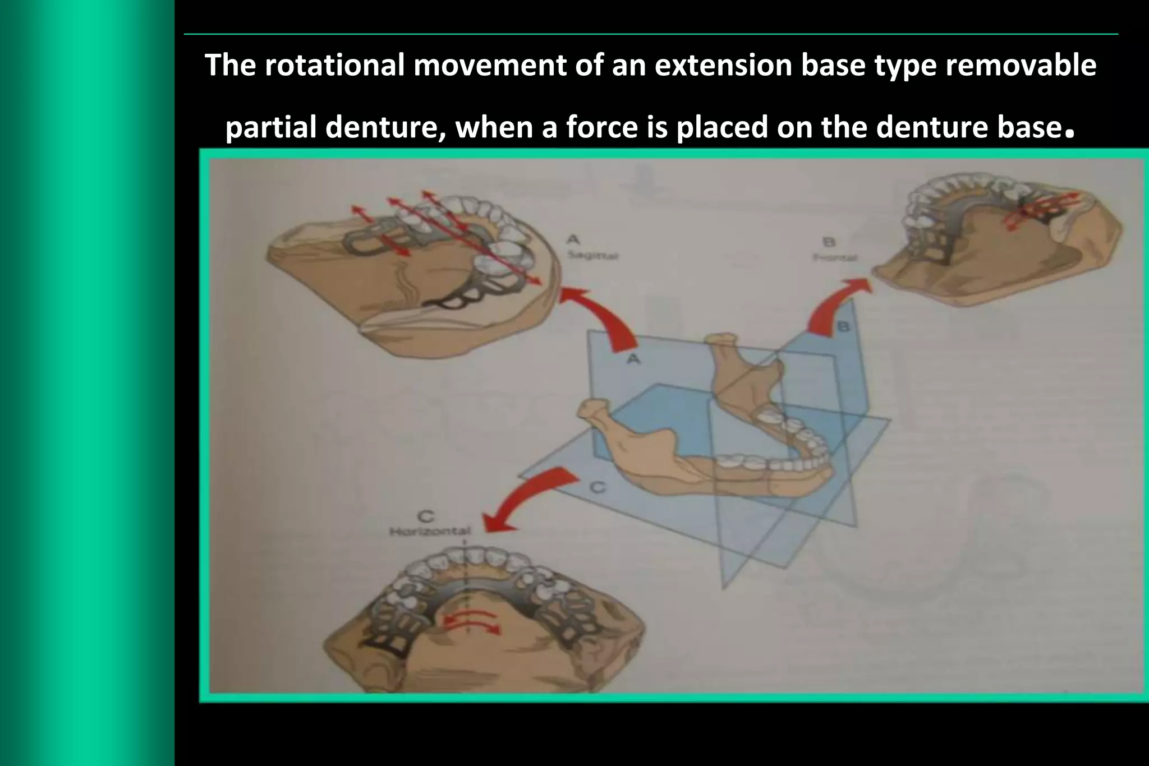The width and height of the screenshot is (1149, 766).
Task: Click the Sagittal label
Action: click(591, 256)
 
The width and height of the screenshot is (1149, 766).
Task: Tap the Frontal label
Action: click(835, 257)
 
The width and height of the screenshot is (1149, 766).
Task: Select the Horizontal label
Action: click(429, 531)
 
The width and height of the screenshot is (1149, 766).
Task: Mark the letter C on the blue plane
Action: click(599, 488)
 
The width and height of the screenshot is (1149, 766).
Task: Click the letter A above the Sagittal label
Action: click(573, 240)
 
